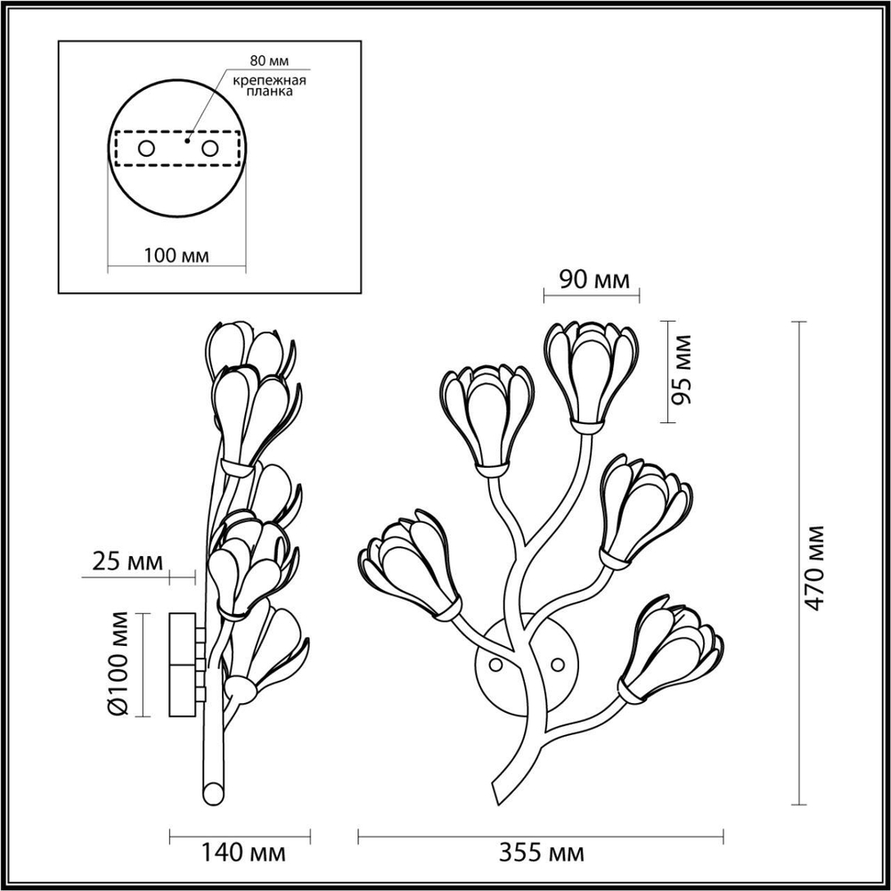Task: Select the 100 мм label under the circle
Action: pos(176,256)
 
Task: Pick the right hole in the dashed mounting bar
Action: pos(210,148)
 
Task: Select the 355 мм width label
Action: pos(541,854)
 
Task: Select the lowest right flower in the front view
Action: pos(673,650)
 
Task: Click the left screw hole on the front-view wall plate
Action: pos(495,663)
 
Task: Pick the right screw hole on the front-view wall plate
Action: pos(559,663)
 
